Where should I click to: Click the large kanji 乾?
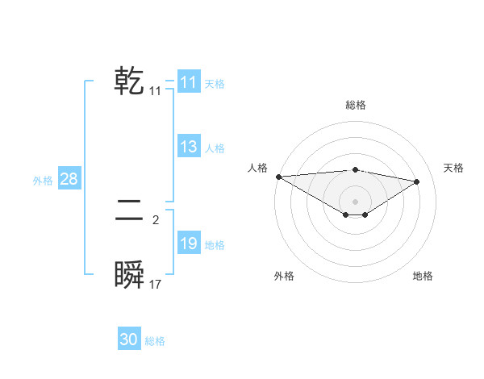130,81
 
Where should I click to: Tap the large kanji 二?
130,212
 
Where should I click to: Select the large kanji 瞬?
130,276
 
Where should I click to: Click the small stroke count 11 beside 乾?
155,92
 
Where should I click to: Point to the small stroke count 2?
155,219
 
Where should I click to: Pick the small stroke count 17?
155,285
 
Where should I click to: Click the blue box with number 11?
188,82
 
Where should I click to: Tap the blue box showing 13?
188,147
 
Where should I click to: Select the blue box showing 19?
188,244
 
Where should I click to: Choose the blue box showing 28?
69,179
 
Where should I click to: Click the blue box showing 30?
128,339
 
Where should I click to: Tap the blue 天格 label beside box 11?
215,83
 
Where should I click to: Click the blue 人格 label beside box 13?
215,148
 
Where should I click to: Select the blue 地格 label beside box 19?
215,245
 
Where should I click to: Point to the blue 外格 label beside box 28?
43,181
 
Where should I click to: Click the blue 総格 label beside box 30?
155,341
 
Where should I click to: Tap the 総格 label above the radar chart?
355,105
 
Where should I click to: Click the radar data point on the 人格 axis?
278,177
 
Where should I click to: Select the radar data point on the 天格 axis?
417,181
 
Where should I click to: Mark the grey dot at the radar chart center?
355,201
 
